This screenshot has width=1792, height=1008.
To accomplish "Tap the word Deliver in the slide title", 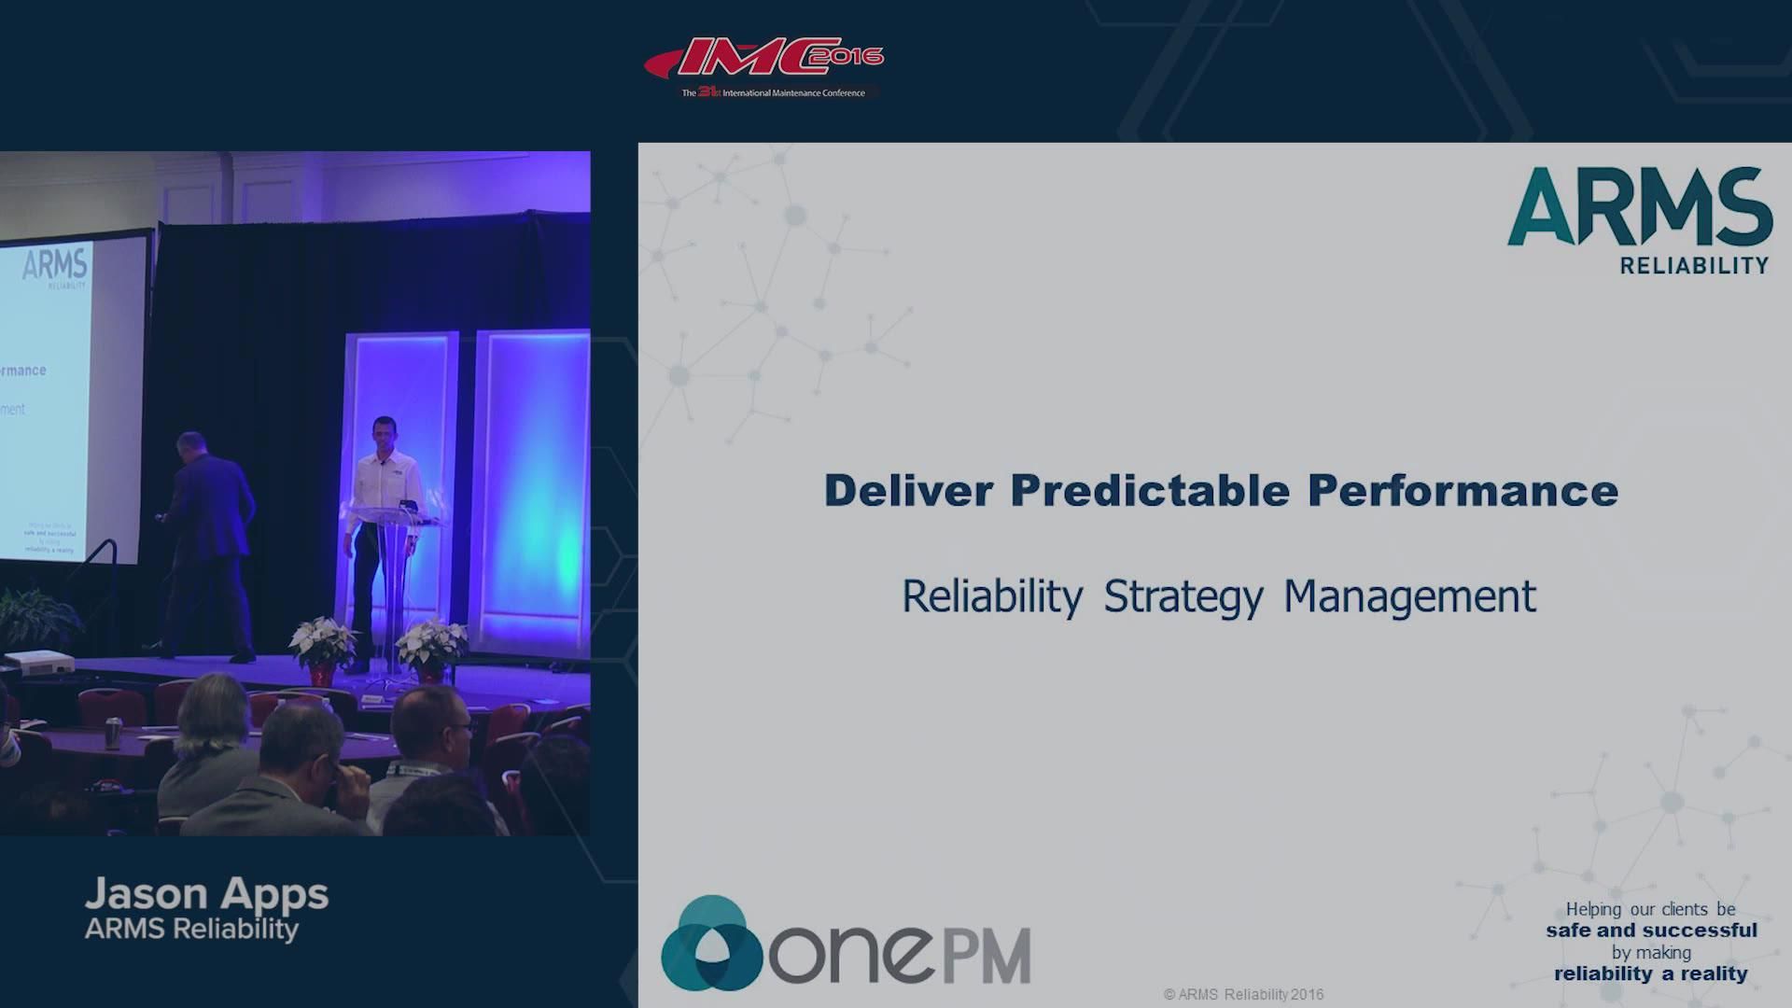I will pyautogui.click(x=907, y=491).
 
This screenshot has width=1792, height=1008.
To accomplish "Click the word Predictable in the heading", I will pyautogui.click(x=1150, y=491).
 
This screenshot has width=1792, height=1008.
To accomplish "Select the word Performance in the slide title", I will pyautogui.click(x=1462, y=491).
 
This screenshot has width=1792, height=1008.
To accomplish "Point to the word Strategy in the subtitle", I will pyautogui.click(x=1183, y=597).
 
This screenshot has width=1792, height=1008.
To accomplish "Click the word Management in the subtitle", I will pyautogui.click(x=1409, y=597).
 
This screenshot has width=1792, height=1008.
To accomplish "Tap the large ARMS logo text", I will pyautogui.click(x=1640, y=207).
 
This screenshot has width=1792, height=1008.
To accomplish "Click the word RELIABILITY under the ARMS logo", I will pyautogui.click(x=1694, y=266).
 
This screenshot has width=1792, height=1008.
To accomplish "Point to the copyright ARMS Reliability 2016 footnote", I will pyautogui.click(x=1243, y=995).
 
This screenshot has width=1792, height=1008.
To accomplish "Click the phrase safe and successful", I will pyautogui.click(x=1651, y=931).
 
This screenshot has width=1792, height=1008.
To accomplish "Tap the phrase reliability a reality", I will pyautogui.click(x=1650, y=973).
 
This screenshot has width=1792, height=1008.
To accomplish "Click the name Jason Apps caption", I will pyautogui.click(x=206, y=893).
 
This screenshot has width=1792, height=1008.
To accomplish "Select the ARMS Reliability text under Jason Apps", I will pyautogui.click(x=191, y=929).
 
